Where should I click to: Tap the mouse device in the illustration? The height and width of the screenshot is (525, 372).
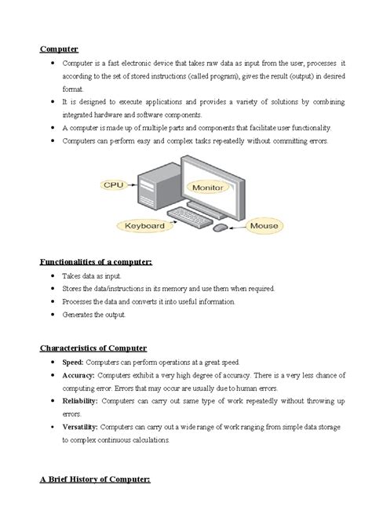221,228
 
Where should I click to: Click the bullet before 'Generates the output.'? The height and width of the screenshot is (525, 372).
52,314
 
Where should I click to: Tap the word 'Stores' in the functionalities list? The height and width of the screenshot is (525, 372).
71,289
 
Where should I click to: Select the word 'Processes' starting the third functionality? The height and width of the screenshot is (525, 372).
76,301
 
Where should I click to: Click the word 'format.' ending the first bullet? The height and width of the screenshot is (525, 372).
72,89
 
